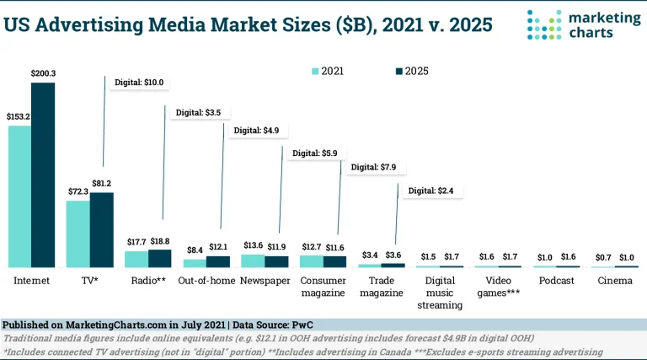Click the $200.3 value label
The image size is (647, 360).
click(42, 74)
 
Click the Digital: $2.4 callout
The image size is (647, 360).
click(430, 191)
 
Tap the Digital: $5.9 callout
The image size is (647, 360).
click(313, 153)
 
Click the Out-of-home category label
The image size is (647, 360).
click(206, 280)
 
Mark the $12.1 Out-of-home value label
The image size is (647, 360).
click(218, 246)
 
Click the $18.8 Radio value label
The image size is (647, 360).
click(158, 240)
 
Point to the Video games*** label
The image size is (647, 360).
click(496, 287)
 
